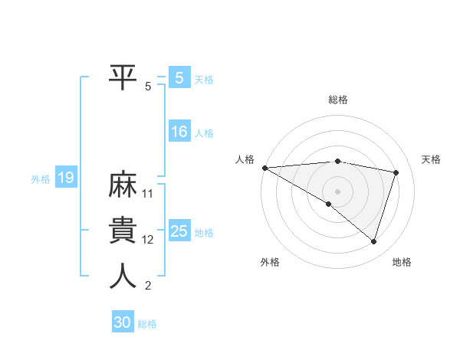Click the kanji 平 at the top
(123, 76)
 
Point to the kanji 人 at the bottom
(123, 277)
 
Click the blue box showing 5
(179, 78)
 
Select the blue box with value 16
(179, 132)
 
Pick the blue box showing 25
(179, 231)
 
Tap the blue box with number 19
(65, 178)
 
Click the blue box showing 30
(123, 323)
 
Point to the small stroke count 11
(148, 194)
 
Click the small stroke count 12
(148, 240)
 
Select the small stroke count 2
(148, 286)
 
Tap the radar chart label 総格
(338, 99)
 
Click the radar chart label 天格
(432, 159)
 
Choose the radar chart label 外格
(270, 262)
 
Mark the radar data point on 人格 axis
(264, 167)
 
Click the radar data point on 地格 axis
(373, 242)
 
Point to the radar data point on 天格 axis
(396, 172)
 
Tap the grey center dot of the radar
(337, 190)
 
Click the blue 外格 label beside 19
(41, 179)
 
